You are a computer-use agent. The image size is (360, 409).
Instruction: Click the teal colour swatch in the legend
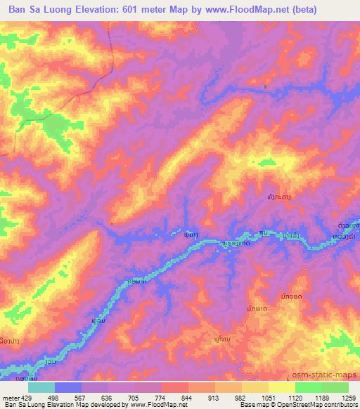tap(41, 387)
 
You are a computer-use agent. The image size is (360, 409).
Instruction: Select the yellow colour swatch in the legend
tap(281, 387)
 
